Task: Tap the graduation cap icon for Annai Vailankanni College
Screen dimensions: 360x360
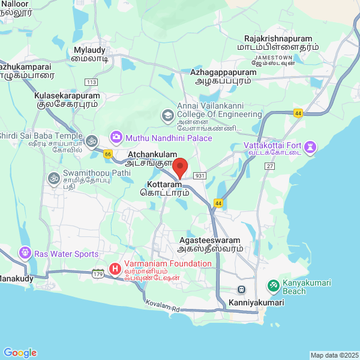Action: (x=167, y=114)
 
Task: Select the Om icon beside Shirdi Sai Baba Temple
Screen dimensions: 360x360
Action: (x=91, y=140)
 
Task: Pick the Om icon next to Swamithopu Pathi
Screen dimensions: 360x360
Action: (x=53, y=178)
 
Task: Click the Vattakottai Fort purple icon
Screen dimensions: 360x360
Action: (x=310, y=146)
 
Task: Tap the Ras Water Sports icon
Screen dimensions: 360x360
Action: (x=25, y=253)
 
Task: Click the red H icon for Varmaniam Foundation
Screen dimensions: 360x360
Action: (x=115, y=269)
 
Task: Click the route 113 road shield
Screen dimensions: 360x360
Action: (x=91, y=82)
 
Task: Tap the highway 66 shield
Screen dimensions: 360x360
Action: (x=108, y=154)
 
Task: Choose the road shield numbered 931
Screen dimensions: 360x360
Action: (x=200, y=175)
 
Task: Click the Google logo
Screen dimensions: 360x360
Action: (x=20, y=353)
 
